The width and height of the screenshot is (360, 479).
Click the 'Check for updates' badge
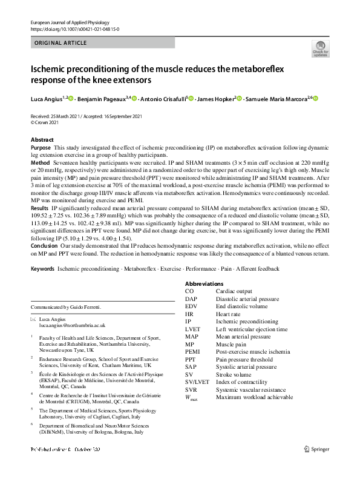320,49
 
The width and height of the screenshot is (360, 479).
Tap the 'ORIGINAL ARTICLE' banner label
60,43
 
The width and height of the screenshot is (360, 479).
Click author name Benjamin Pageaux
102,99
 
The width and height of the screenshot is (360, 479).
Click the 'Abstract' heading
42,139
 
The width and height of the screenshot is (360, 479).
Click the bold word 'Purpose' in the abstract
41,147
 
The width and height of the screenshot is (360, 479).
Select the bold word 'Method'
40,164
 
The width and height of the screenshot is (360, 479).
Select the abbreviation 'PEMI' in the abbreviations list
192,351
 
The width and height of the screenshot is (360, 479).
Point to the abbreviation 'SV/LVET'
197,382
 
